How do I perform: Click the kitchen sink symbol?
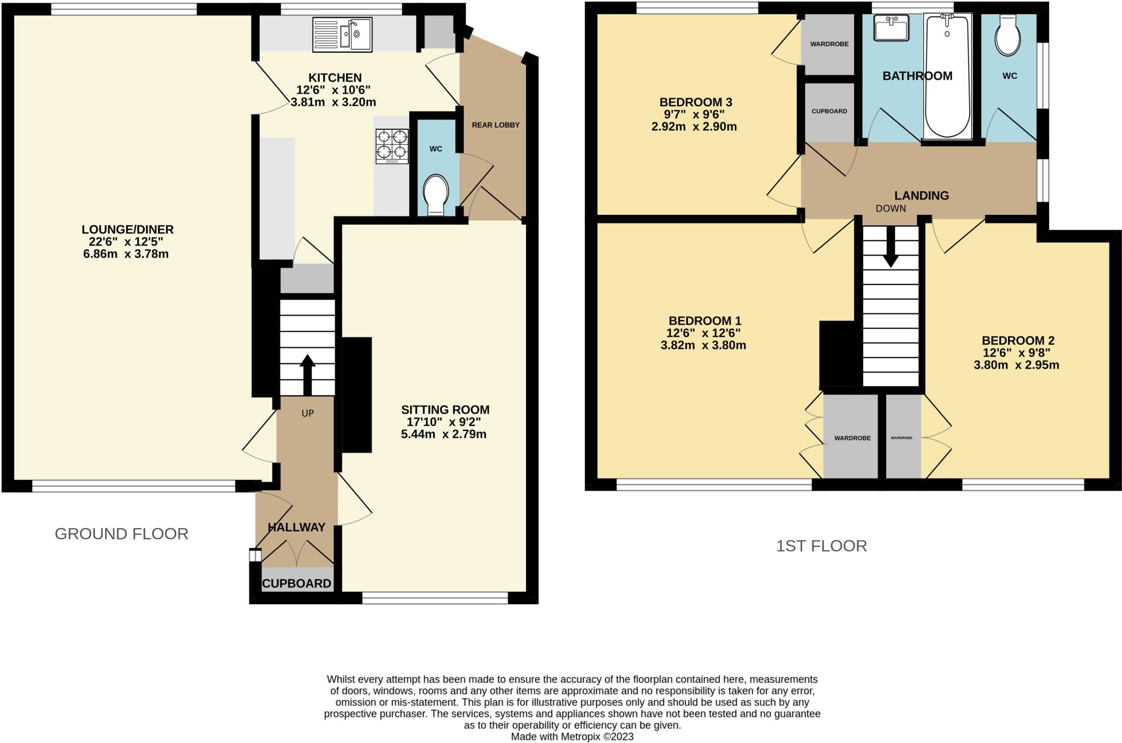tap(342, 35)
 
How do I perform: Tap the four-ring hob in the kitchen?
tap(392, 146)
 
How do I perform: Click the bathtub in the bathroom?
tap(947, 77)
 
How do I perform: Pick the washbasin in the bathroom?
tap(891, 28)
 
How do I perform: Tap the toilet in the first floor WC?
tap(1007, 36)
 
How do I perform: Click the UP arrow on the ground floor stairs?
tap(307, 374)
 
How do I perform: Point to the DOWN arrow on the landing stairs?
tap(891, 247)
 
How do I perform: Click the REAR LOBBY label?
tap(495, 125)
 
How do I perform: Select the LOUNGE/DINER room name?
tap(128, 230)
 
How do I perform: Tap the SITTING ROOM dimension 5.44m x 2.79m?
tap(443, 435)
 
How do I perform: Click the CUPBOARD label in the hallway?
tap(296, 584)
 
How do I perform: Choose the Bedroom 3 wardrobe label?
tap(829, 44)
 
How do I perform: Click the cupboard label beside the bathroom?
tap(829, 111)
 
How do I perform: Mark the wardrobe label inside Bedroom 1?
tap(852, 438)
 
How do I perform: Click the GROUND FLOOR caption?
tap(122, 534)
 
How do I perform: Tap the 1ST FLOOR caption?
tap(821, 546)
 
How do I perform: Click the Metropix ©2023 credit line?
tap(572, 736)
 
